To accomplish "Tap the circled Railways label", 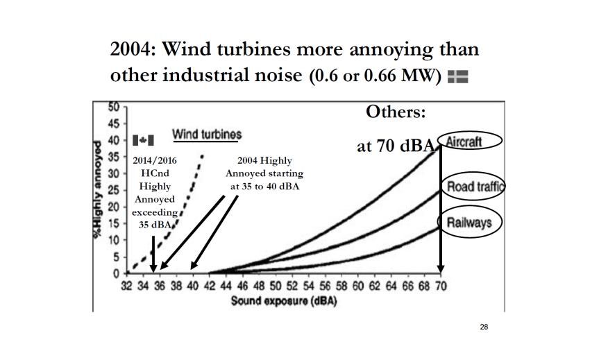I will point(469,223).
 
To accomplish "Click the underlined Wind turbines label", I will point(207,134).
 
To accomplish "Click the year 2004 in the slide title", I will point(134,51).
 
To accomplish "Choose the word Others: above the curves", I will point(396,112).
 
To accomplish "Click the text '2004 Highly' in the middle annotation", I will point(264,160).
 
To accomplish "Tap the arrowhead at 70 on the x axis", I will point(440,269).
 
